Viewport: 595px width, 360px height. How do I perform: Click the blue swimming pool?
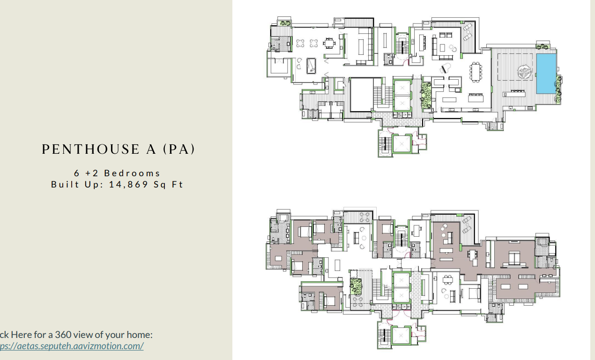pyautogui.click(x=545, y=73)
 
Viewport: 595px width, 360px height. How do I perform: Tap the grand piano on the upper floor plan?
pyautogui.click(x=446, y=67)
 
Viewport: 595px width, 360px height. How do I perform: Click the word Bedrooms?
pyautogui.click(x=133, y=173)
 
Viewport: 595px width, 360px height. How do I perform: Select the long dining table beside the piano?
pyautogui.click(x=476, y=72)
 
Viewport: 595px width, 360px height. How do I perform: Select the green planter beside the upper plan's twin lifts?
pyautogui.click(x=426, y=96)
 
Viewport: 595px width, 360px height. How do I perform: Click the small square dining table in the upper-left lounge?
pyautogui.click(x=330, y=44)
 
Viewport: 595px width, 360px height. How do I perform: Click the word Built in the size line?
pyautogui.click(x=64, y=184)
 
